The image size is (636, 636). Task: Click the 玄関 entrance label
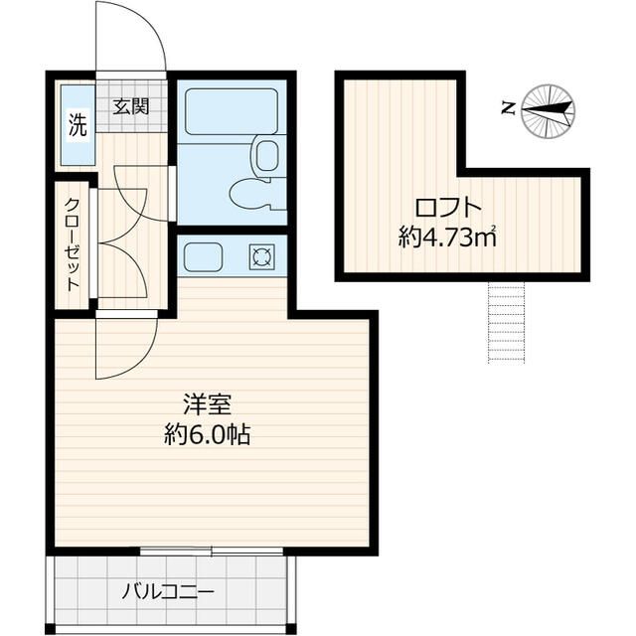click(130, 105)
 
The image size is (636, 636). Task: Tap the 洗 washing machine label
click(77, 125)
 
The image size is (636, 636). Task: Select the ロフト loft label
click(448, 209)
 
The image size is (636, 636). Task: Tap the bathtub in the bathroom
click(231, 112)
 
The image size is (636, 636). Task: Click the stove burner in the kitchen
click(263, 258)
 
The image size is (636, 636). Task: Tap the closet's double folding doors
click(124, 238)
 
